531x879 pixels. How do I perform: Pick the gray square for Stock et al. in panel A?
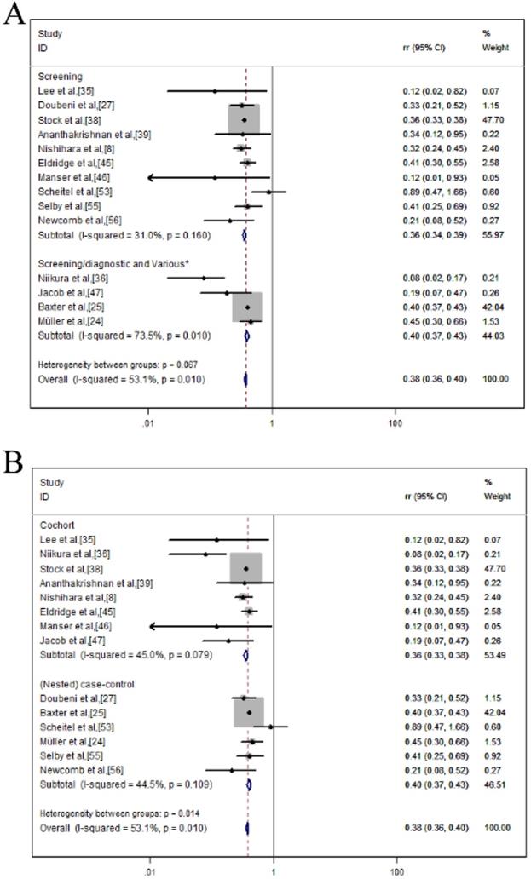coord(243,120)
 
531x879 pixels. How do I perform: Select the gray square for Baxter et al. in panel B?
coord(249,712)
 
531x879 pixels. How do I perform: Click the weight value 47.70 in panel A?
coord(492,120)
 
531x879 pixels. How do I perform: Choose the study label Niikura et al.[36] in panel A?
coord(73,278)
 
